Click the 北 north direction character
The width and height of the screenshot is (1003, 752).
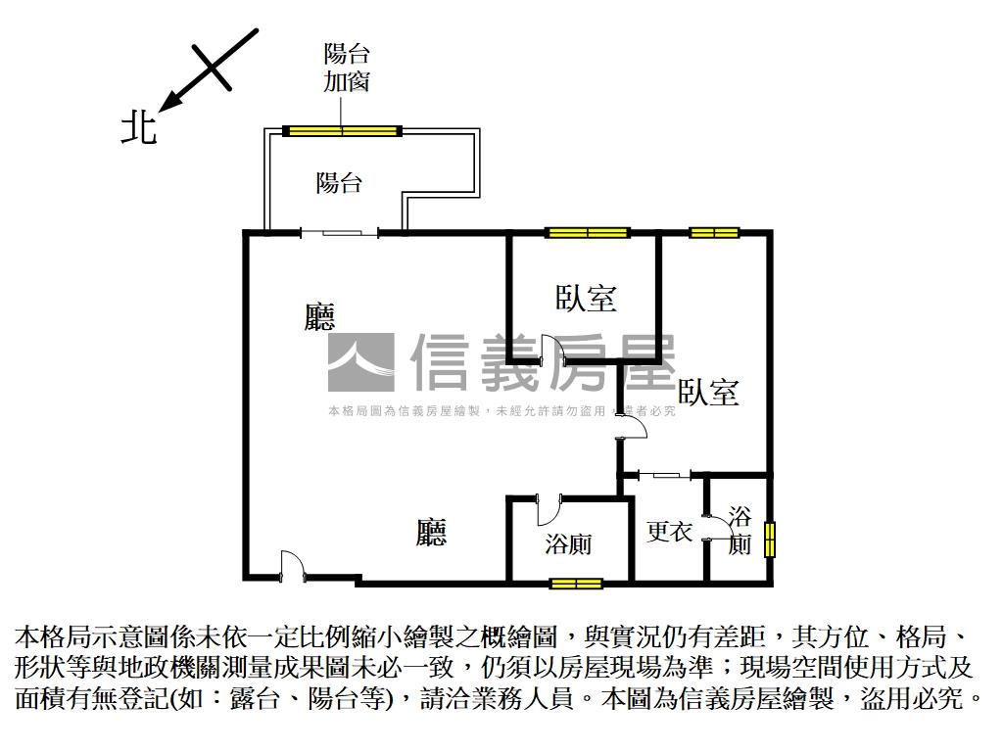138,127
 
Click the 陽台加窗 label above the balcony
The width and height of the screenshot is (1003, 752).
346,67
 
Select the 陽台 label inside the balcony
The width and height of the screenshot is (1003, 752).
339,182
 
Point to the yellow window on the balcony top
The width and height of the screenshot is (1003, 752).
342,130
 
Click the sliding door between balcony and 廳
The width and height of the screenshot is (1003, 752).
339,232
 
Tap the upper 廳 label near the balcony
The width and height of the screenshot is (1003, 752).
319,316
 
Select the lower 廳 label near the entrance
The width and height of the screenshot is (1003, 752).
431,533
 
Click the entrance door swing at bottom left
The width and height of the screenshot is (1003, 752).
291,567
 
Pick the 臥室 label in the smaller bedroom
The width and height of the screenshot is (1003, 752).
586,299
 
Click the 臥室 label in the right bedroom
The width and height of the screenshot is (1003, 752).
707,393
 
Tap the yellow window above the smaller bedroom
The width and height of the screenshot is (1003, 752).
587,232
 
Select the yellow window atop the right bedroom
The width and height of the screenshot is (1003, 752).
714,232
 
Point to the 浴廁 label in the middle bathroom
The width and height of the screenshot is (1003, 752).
567,544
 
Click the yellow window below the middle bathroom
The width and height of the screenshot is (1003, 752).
575,584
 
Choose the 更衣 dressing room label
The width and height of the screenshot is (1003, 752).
670,533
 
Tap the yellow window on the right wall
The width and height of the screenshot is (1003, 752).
769,540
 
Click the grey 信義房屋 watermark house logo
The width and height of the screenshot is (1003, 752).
359,362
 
